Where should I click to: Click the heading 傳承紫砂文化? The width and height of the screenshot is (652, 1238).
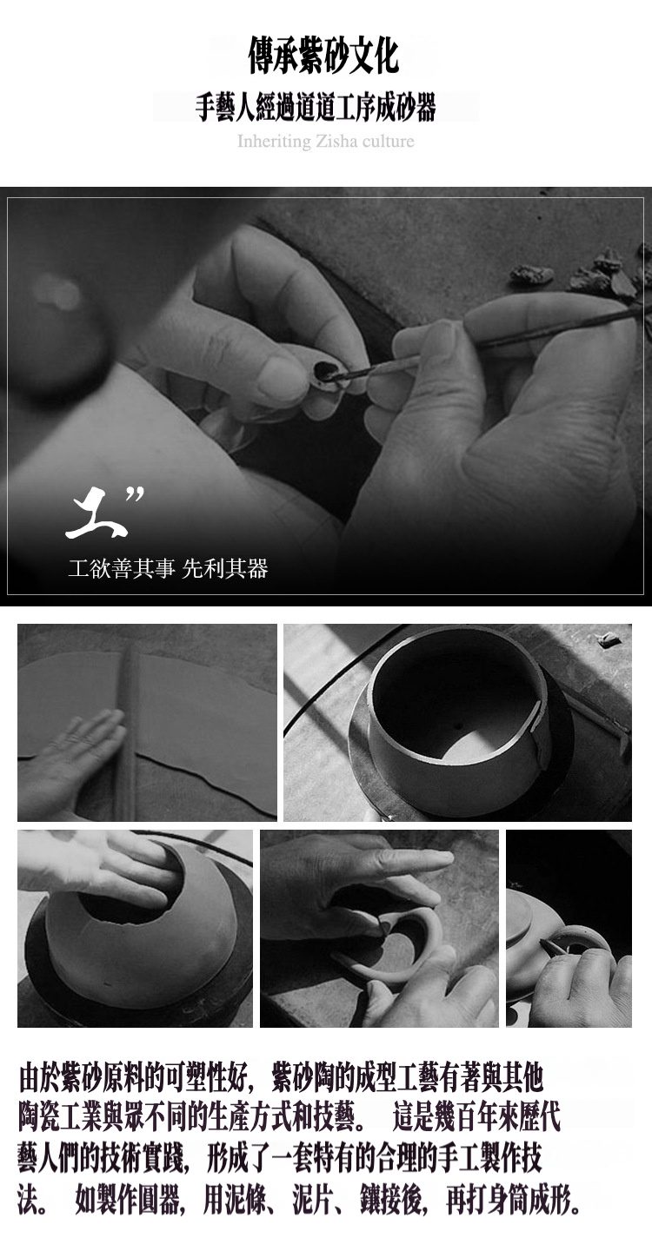pyautogui.click(x=323, y=56)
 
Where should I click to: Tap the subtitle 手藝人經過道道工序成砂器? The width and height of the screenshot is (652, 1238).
pyautogui.click(x=316, y=107)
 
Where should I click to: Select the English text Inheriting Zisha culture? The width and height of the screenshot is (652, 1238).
pyautogui.click(x=326, y=142)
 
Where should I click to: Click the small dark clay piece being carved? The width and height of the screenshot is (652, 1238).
pyautogui.click(x=324, y=373)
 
